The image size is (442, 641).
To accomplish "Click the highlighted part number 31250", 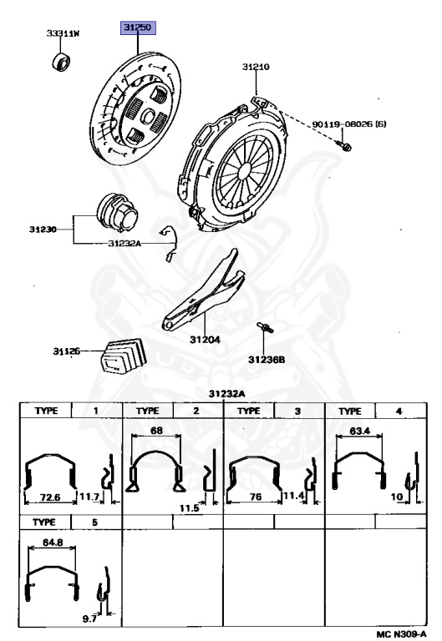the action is pos(138,28).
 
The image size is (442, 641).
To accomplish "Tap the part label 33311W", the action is pos(63,33).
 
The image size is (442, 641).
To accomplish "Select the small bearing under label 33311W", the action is pos(61,62).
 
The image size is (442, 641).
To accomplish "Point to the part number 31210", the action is pos(256,67).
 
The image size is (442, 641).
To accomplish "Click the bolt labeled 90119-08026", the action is pos(343,145).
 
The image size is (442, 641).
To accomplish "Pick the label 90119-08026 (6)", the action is pos(349,124).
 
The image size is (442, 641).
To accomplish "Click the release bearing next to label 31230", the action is pos(118,213).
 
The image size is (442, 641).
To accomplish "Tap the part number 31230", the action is pos(43,230).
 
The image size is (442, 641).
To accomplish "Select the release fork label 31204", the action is pos(205,340).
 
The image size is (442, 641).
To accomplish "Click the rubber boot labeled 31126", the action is pos(123,356).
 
